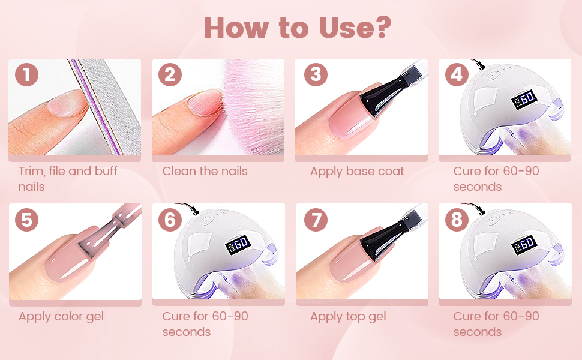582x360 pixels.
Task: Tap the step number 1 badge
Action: [x=26, y=75]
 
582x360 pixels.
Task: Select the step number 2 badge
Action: [x=170, y=75]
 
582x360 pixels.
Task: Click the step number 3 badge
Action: [x=316, y=75]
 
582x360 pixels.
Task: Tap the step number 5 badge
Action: [x=26, y=220]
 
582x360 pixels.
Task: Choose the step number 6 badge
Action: [x=170, y=220]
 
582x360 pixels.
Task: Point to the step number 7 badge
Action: [x=316, y=220]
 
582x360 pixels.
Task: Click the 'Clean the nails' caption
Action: [x=205, y=172]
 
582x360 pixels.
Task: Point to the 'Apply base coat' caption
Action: [x=357, y=172]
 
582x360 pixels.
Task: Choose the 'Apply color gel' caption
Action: [x=61, y=317]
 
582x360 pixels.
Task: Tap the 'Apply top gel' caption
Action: [x=348, y=317]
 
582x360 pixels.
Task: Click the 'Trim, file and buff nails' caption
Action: [x=68, y=179]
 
